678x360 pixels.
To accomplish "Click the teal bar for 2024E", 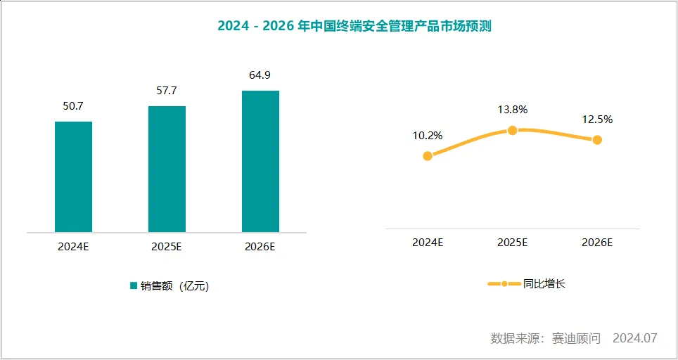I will (x=73, y=176).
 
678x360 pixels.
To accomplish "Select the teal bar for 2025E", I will (x=167, y=169).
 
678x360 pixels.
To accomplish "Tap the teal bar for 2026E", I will (x=260, y=161).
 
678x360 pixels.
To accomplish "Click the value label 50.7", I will (x=73, y=106).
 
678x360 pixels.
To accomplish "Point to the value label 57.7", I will (x=167, y=91).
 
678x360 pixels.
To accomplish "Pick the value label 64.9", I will (x=260, y=75).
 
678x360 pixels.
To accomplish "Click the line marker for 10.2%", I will (x=428, y=155).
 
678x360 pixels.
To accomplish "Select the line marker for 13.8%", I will (x=513, y=130).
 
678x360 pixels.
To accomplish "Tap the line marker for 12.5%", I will (x=597, y=140).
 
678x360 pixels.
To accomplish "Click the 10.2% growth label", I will (x=428, y=136).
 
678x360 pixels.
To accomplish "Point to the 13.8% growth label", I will (x=513, y=110).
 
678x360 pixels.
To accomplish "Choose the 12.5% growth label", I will (x=597, y=120).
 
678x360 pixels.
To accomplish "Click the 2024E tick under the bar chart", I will (x=73, y=247).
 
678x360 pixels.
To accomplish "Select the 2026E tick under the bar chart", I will (x=260, y=247).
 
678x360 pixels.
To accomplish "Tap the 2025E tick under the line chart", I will (x=513, y=242).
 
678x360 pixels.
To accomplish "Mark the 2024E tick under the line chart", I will (x=428, y=242).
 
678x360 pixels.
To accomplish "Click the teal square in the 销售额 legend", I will (x=133, y=285).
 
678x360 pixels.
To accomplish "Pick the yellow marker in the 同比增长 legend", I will (x=504, y=284).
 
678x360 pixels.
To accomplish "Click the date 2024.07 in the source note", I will (x=634, y=338).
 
